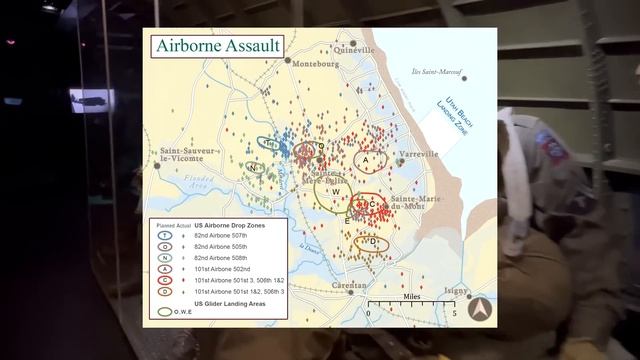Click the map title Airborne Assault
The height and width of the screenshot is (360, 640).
(217, 45)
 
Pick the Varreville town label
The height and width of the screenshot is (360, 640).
(418, 154)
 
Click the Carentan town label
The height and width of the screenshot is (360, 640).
(349, 286)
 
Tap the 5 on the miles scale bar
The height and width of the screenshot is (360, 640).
(455, 314)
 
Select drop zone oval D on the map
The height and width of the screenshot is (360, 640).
(372, 242)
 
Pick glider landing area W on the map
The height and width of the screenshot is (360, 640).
(336, 192)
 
